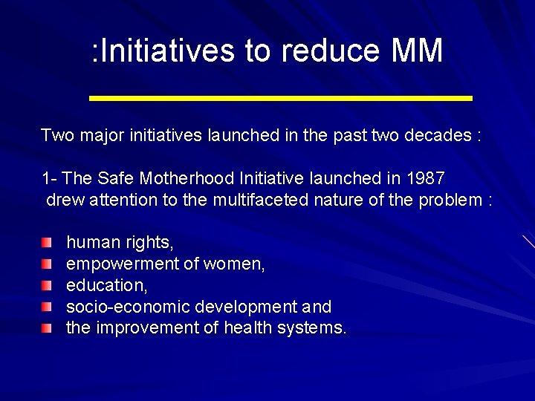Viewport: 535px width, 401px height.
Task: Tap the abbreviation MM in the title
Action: pyautogui.click(x=416, y=51)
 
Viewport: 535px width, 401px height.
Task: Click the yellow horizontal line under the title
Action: pyautogui.click(x=280, y=98)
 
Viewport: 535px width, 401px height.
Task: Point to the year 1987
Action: pyautogui.click(x=426, y=178)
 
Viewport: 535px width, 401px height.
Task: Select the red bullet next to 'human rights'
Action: pyautogui.click(x=48, y=243)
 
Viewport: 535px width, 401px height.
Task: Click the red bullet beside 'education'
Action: pyautogui.click(x=48, y=285)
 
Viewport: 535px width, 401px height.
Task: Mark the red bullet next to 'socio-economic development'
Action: pyautogui.click(x=48, y=307)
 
